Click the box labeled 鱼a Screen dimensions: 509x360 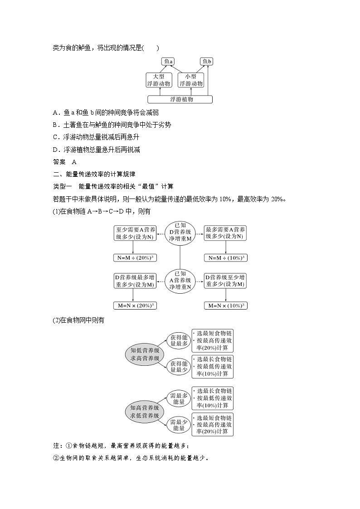pos(168,62)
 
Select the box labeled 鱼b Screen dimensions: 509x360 pos(207,62)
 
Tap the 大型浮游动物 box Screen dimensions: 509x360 pos(158,80)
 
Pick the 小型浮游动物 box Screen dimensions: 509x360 pos(191,80)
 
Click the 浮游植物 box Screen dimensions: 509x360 pos(180,99)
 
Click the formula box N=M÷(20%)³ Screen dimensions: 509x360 pos(132,257)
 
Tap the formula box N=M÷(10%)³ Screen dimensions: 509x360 pos(226,257)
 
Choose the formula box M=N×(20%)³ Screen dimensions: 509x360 pos(132,305)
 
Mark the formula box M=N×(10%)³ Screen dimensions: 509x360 pos(226,305)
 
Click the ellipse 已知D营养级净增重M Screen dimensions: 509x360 pos(180,233)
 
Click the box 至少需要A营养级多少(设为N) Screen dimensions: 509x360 pos(132,233)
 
